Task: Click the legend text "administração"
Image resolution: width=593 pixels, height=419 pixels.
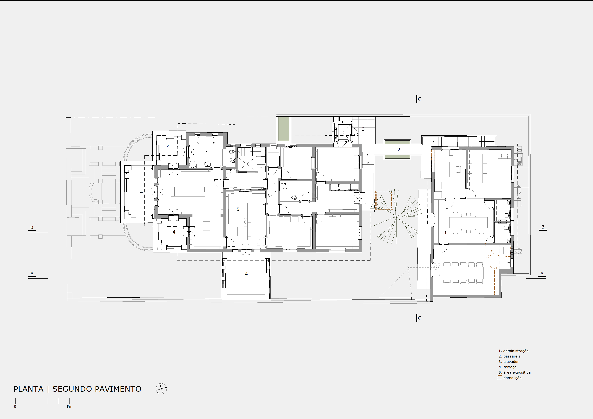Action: [516, 351]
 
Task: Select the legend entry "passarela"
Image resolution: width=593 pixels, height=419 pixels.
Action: [512, 356]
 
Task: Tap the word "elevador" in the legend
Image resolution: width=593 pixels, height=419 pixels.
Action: [511, 362]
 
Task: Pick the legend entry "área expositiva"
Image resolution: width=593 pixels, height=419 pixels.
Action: [517, 372]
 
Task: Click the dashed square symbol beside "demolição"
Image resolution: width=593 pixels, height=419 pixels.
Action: [500, 378]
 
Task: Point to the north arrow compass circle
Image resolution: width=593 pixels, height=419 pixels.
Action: [161, 389]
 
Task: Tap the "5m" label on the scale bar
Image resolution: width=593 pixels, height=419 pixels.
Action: [70, 407]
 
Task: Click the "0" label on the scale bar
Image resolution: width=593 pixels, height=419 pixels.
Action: [15, 407]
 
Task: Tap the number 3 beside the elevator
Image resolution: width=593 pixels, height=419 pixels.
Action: [363, 129]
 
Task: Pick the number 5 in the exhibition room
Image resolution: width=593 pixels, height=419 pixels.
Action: [238, 209]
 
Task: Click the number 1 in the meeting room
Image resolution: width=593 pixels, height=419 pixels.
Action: [445, 233]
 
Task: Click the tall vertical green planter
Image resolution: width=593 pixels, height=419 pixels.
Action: [283, 129]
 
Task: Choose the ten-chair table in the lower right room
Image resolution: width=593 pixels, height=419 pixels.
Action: [463, 273]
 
